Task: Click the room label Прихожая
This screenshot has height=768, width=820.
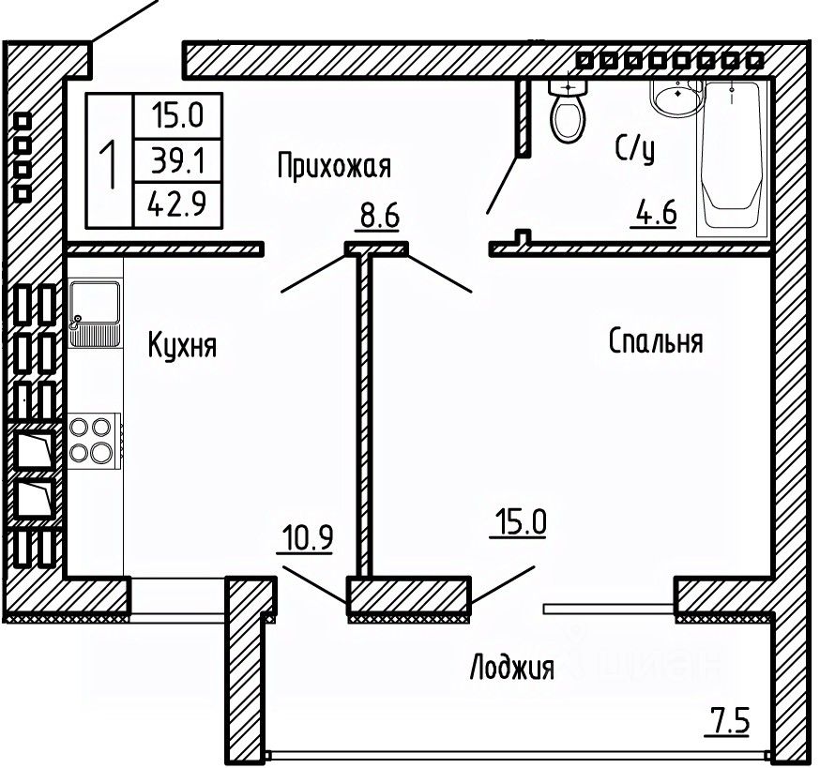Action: (333, 167)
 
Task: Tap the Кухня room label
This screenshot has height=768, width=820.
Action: (183, 346)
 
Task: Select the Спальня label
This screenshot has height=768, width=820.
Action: (656, 340)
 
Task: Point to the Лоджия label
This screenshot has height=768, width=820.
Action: (511, 668)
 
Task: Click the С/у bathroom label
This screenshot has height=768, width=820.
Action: (634, 147)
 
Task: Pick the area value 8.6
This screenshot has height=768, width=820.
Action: (380, 218)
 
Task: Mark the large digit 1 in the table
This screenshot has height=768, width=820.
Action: (110, 161)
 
